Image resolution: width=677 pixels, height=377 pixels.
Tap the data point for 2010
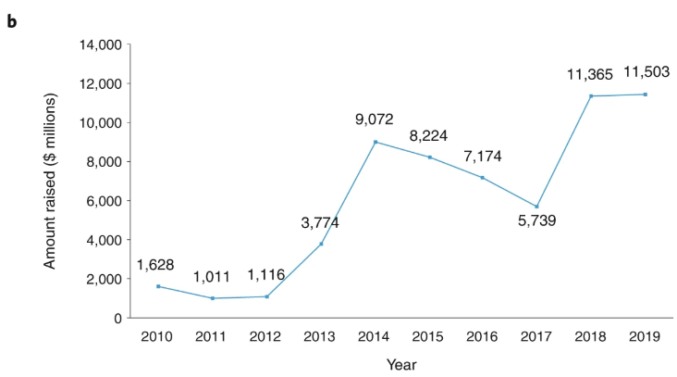coord(158,286)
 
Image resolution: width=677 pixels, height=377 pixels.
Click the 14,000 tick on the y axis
coord(102,44)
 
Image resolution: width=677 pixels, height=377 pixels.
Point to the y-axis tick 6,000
coord(105,201)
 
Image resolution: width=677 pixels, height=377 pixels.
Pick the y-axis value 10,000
coord(102,122)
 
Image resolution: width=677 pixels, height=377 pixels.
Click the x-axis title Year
coord(402,364)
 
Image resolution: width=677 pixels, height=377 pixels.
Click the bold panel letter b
coord(12,20)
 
